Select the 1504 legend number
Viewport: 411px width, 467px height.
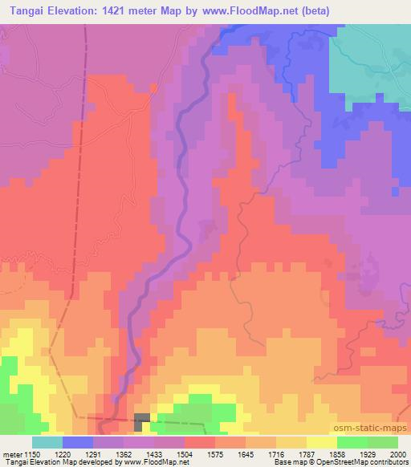point(184,453)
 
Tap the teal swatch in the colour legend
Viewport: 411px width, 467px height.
point(47,442)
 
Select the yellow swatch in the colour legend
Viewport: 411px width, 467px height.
point(321,442)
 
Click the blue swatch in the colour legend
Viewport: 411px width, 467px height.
point(77,442)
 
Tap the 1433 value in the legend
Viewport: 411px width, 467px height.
point(155,453)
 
